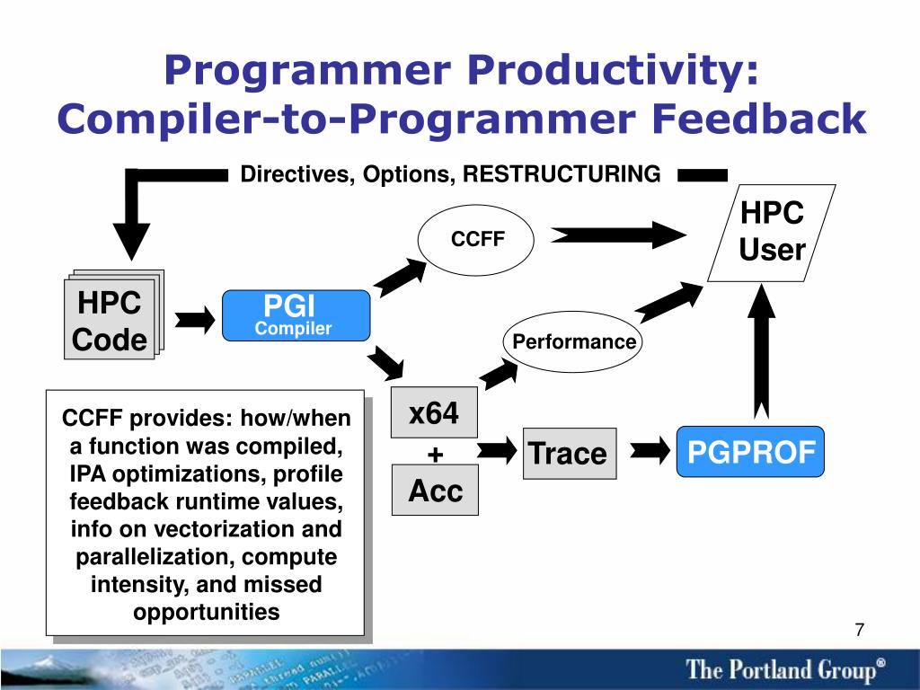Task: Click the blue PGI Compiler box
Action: point(296,315)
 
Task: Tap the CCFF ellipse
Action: point(476,239)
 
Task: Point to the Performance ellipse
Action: point(572,341)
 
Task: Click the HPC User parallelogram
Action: point(772,233)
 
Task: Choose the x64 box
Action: point(434,412)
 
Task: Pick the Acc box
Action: point(436,490)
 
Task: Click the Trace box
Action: point(570,454)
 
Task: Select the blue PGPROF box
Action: point(750,452)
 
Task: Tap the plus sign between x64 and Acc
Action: point(436,455)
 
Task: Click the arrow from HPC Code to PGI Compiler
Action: point(195,320)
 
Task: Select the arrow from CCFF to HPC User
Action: point(618,235)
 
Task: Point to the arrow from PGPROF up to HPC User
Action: point(761,351)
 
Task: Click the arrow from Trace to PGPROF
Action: point(650,451)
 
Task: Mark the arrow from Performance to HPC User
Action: point(669,302)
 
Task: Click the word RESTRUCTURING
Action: point(562,174)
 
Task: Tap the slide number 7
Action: point(860,630)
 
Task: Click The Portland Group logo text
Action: point(785,669)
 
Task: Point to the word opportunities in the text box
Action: point(207,612)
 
